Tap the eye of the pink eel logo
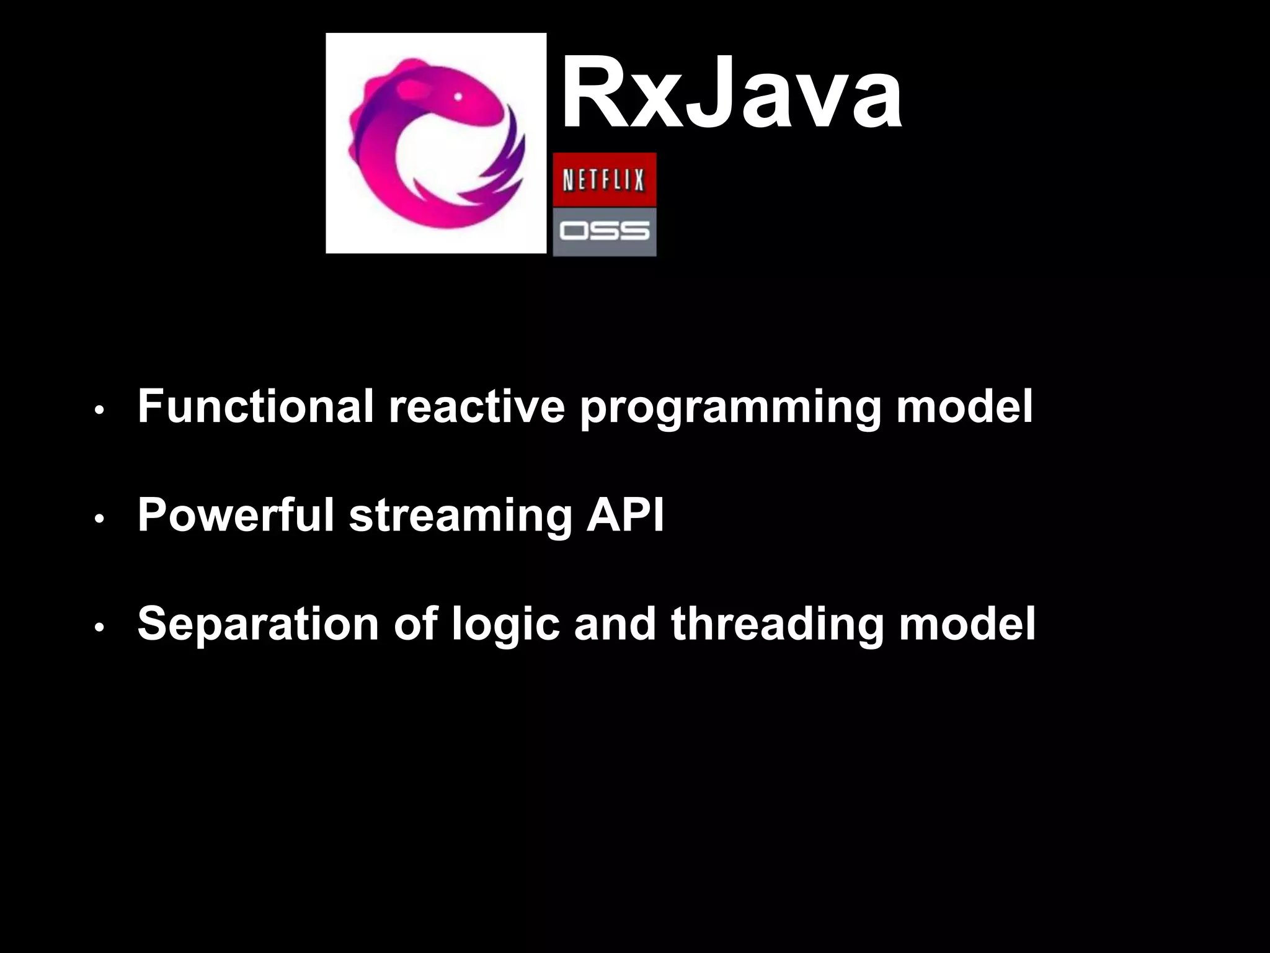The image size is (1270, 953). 458,97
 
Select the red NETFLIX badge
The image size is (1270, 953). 604,179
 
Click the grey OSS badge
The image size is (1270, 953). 604,231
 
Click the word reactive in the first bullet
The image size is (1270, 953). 476,406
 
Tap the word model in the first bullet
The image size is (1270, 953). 965,406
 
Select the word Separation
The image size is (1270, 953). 257,624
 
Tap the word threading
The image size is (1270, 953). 777,624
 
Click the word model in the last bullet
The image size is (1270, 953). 967,624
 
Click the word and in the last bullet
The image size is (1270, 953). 615,624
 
